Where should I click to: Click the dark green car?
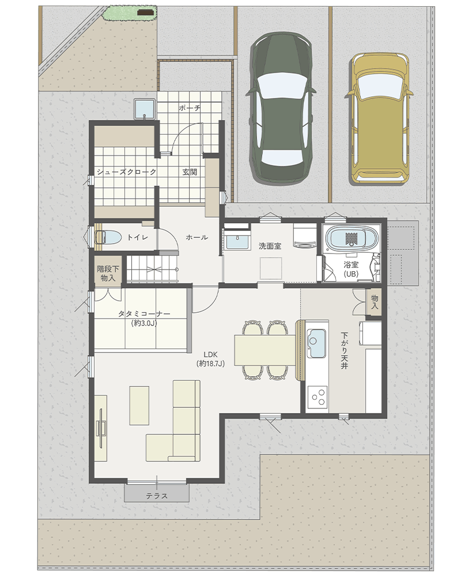coord(282,107)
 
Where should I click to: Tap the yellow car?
coord(379,118)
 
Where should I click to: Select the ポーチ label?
coord(190,108)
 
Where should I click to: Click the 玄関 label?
coord(190,172)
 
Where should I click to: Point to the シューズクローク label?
coord(126,172)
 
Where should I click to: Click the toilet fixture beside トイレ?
coord(108,237)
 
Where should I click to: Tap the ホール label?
coord(197,237)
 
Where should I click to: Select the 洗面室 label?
coord(270,246)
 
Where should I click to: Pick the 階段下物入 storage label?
coord(108,274)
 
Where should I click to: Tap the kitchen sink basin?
coord(316,343)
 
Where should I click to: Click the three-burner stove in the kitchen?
coord(318,396)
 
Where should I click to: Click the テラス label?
coord(157,496)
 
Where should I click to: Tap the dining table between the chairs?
coord(264,350)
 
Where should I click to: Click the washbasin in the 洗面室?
coord(237,242)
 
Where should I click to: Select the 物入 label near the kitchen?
coord(374,301)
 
